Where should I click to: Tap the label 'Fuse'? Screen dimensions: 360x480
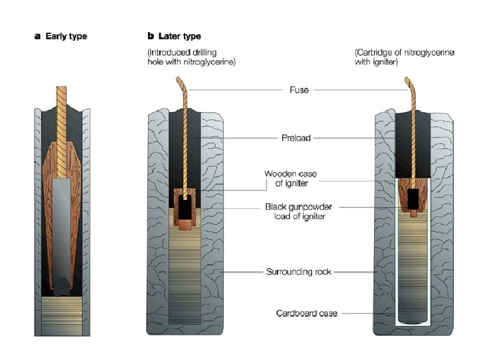click(x=299, y=90)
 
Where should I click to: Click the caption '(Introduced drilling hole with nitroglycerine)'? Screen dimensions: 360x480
click(x=192, y=58)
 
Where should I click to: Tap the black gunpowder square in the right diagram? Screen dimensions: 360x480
click(x=414, y=197)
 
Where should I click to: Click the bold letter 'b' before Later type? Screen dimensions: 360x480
click(x=150, y=36)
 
